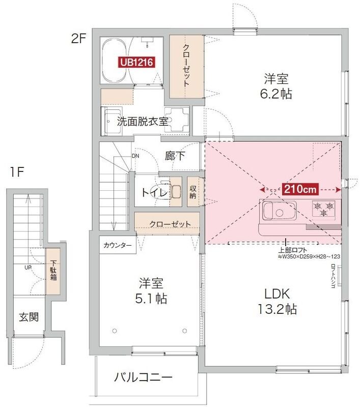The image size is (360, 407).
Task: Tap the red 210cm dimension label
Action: coord(300,189)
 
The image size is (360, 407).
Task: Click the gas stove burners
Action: coord(324,207)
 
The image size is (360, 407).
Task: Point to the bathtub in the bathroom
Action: coord(113,61)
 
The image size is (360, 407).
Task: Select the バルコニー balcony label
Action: coord(143,377)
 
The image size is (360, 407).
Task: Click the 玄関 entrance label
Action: coord(29,317)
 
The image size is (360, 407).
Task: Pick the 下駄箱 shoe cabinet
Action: coord(53,271)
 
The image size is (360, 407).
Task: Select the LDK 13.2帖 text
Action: coord(277,301)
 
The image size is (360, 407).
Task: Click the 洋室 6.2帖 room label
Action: coord(277,86)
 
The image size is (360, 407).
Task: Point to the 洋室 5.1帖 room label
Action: coord(153,291)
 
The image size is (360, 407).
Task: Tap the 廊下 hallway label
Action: coord(175,156)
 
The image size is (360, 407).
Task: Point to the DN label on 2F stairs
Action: coord(135,156)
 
